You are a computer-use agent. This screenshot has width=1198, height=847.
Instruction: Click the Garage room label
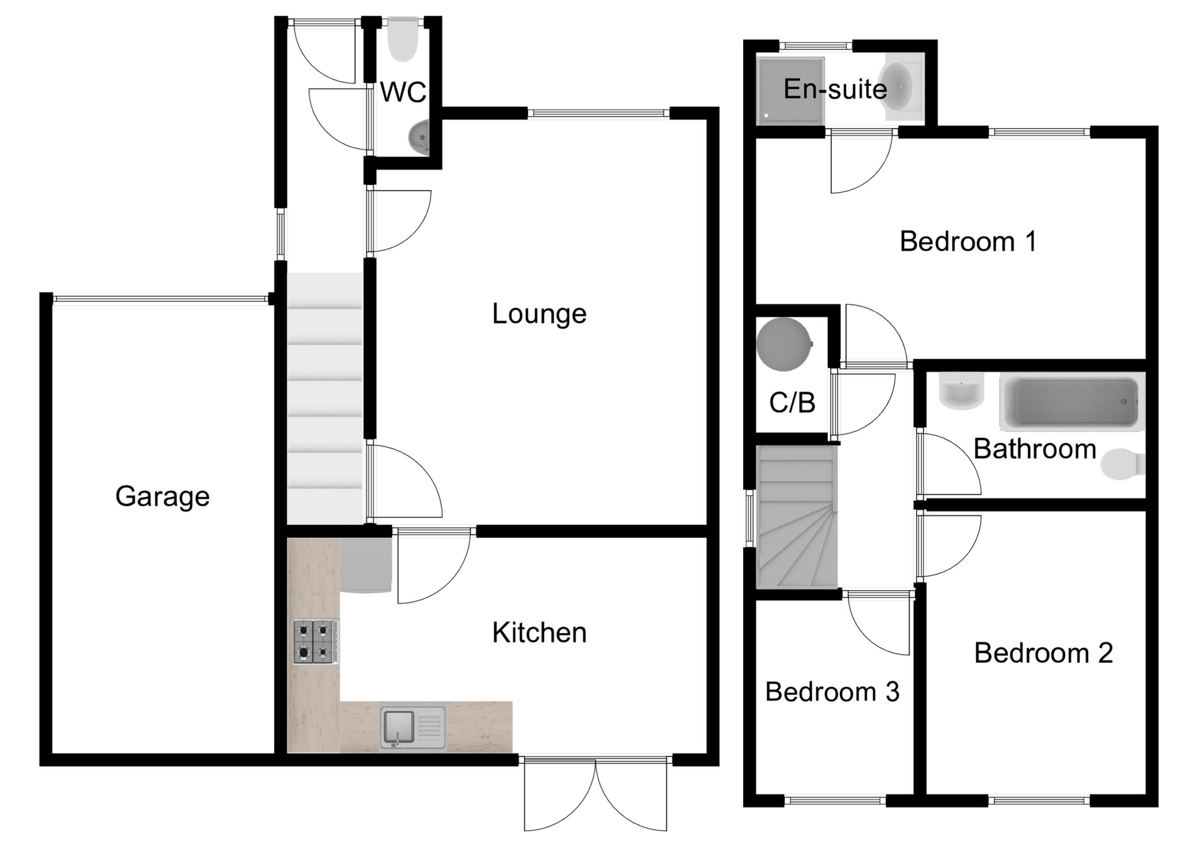tap(162, 496)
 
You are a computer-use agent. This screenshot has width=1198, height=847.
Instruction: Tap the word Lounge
tap(539, 314)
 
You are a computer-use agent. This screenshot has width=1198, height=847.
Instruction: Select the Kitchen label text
tap(539, 633)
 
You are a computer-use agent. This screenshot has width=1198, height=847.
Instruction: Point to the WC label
tap(403, 92)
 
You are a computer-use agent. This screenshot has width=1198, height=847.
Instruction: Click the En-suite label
tap(835, 89)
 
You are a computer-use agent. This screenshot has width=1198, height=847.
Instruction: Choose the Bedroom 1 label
tap(968, 241)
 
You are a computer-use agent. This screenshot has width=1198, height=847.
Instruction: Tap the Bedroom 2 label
tap(1043, 653)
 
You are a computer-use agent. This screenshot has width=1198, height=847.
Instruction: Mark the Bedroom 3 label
tap(832, 692)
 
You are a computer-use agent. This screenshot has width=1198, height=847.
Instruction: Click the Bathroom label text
tap(1035, 449)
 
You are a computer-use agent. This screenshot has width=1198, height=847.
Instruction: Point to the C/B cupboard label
tap(792, 403)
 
